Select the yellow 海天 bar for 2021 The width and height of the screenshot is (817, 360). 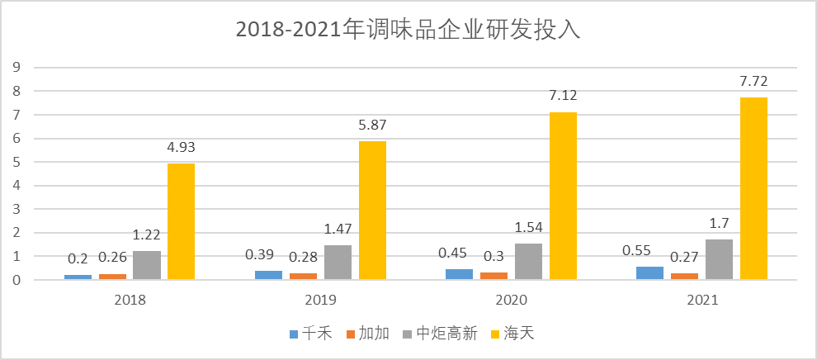pos(753,188)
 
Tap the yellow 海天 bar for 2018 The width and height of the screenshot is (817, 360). pos(182,221)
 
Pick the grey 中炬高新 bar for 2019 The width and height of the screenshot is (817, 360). pos(338,262)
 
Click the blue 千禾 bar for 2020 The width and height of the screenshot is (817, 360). pos(460,274)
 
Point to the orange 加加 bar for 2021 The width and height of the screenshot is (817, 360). pos(684,276)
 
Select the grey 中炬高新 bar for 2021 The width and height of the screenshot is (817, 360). pos(719,259)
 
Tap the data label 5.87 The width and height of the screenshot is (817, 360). pos(372,126)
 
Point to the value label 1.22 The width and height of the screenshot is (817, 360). pos(147,235)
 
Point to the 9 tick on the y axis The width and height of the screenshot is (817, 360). pos(15,68)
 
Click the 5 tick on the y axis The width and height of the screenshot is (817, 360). pos(15,162)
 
